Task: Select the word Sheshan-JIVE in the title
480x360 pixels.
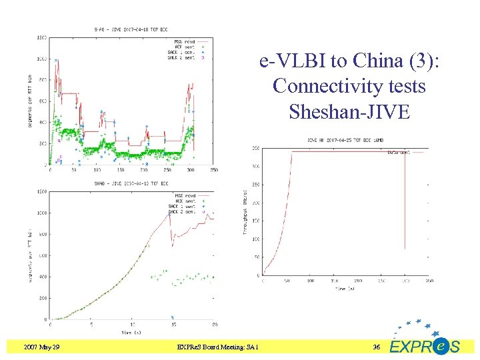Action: pos(349,111)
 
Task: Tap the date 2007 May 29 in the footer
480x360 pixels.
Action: pos(41,347)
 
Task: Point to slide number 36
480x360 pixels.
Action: pos(376,347)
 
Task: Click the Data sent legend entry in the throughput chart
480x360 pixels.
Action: pos(402,152)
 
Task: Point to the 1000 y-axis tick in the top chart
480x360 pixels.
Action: pos(41,59)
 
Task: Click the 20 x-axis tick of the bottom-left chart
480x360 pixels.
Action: pos(213,325)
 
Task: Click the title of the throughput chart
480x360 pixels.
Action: pos(345,141)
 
